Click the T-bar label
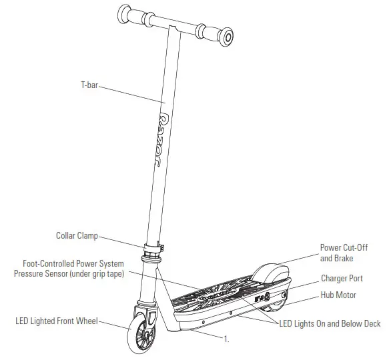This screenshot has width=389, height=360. coord(89,85)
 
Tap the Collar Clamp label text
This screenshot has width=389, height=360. coord(77,235)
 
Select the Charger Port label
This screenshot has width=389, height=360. coord(342,278)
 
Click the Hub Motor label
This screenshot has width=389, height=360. coord(338,295)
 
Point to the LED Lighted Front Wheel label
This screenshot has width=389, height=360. coord(57,321)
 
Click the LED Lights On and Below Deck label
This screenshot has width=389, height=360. coord(330,323)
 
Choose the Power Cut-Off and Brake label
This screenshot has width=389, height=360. coord(344,253)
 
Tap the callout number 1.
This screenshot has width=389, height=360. coord(226,339)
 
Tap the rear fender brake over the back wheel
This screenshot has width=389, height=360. coord(271,274)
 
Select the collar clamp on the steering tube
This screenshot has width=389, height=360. coord(155,249)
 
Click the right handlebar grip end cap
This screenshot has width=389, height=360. coord(227,37)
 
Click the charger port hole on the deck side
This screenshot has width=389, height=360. coord(284,295)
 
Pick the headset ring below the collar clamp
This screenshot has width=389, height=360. coord(151,259)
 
